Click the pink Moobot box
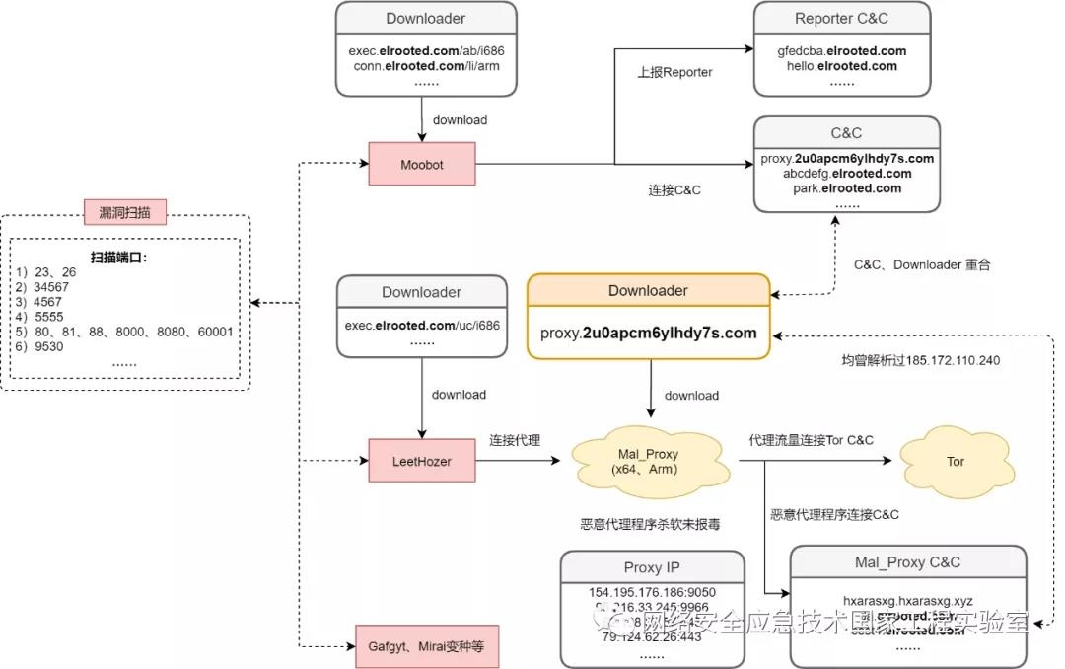422,165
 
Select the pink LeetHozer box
422,461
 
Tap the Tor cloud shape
955,461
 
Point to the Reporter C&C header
841,19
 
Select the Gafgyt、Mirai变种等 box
426,647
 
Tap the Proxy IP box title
652,567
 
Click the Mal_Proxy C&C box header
907,562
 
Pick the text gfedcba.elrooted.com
841,51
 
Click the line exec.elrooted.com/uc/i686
422,325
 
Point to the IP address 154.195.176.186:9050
652,592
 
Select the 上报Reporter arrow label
674,72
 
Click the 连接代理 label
515,440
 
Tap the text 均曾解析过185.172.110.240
920,360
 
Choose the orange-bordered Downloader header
648,290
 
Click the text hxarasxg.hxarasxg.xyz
907,599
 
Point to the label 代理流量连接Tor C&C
811,440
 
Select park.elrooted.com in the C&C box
846,188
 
